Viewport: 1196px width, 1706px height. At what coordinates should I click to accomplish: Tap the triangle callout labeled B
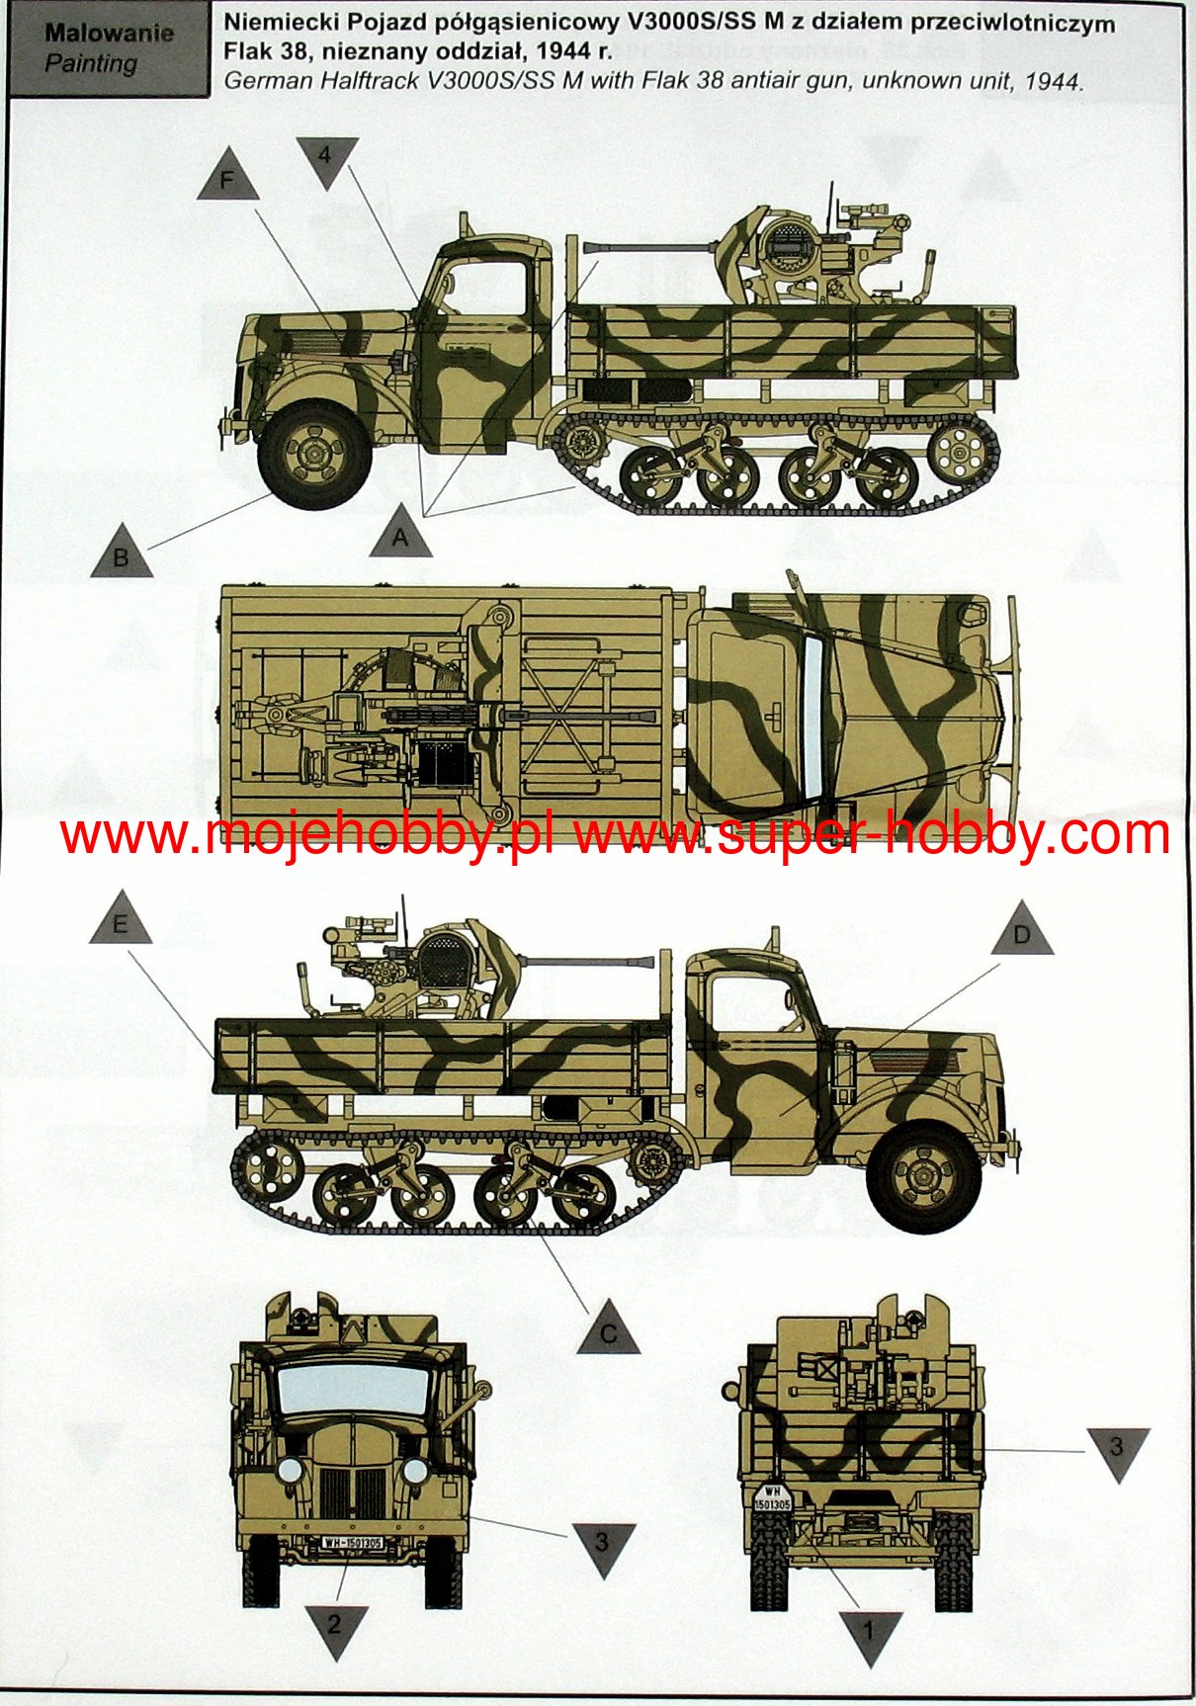122,553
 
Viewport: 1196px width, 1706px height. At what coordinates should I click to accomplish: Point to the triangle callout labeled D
1022,931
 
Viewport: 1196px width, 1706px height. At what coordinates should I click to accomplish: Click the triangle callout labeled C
608,1329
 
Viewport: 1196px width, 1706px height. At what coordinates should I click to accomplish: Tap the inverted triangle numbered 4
326,161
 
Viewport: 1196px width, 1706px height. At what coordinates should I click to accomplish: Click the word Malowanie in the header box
109,33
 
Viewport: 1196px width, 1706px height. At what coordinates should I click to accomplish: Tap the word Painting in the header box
91,64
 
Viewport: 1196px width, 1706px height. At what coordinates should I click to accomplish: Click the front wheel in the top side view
315,454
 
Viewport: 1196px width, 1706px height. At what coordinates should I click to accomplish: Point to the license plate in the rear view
771,1498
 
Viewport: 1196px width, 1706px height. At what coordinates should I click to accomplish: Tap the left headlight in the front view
290,1470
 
